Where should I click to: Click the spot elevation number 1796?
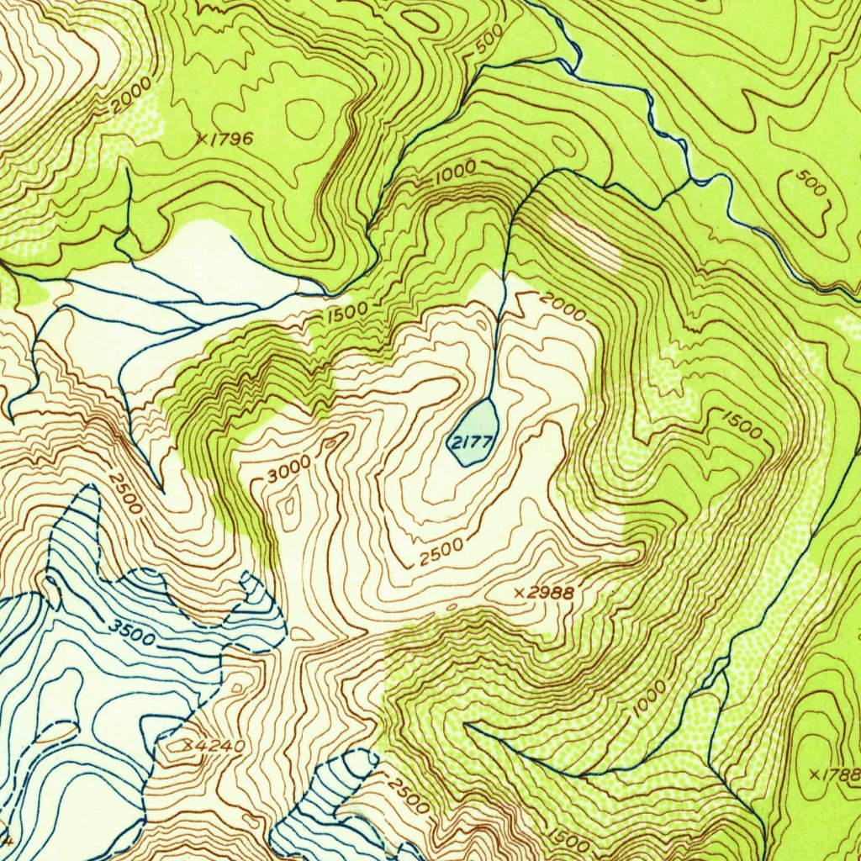(230, 140)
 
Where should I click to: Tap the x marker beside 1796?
(201, 140)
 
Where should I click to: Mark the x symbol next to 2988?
(520, 594)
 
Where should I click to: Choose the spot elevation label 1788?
(842, 774)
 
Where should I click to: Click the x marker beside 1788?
(813, 774)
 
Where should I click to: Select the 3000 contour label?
(288, 468)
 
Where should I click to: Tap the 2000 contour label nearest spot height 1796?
(130, 98)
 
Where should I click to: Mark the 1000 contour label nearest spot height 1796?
(455, 172)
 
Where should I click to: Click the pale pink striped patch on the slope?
(584, 239)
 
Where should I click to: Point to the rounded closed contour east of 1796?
(304, 118)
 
